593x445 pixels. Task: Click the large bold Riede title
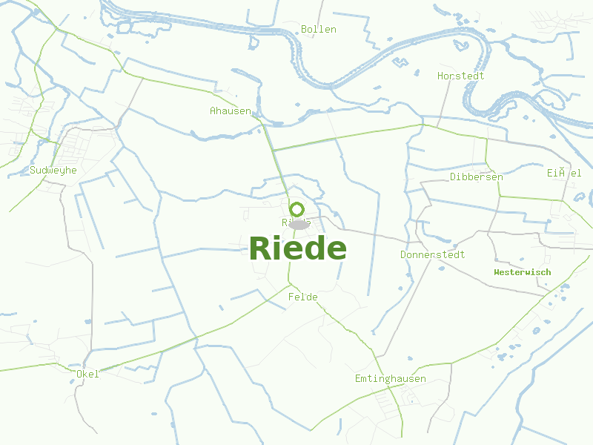tap(298, 248)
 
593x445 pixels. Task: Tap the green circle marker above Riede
tap(297, 209)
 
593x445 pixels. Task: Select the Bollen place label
tap(319, 30)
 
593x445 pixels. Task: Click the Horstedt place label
tap(461, 76)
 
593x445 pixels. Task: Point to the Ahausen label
tap(231, 111)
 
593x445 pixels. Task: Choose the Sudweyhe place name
tap(53, 171)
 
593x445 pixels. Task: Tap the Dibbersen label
tap(477, 177)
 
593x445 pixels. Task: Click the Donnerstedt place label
tap(433, 255)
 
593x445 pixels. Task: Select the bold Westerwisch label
tap(523, 272)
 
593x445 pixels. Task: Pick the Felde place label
tap(302, 297)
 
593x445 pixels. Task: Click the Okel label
tap(87, 375)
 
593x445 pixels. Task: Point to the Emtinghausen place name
tap(391, 380)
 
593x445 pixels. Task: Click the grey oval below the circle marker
tap(298, 224)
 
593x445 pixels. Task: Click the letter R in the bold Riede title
tap(261, 248)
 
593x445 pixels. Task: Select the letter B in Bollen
tap(305, 30)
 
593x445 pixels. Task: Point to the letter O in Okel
tap(79, 375)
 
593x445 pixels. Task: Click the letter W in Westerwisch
tap(497, 272)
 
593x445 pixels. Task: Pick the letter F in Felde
tap(291, 297)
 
